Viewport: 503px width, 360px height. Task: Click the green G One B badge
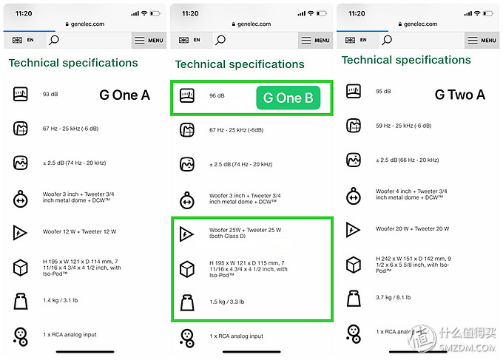288,98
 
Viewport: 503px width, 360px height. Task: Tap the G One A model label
124,95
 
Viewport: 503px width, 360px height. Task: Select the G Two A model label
459,95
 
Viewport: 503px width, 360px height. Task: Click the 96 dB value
217,95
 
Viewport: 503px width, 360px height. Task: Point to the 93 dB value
50,94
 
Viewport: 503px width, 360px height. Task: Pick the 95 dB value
383,92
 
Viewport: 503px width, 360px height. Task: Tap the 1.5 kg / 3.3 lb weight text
227,302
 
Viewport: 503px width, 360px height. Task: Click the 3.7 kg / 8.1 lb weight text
394,297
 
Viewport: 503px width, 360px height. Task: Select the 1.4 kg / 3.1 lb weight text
61,300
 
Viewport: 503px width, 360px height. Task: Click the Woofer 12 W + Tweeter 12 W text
80,231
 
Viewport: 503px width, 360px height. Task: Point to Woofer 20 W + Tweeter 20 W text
413,228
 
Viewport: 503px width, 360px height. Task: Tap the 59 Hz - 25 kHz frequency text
404,126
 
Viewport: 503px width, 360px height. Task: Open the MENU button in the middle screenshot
315,41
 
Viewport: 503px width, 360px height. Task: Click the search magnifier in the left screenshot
53,40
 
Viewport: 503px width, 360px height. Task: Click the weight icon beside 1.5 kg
187,302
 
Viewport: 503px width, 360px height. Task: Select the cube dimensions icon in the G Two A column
354,265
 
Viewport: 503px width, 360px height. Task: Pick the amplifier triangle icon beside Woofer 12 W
19,232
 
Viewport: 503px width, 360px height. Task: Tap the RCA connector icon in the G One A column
21,337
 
